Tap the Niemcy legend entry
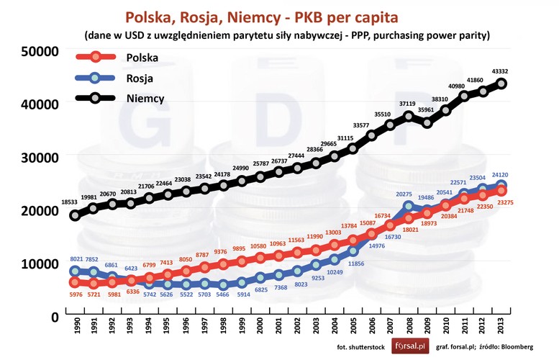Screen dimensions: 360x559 pos(145,98)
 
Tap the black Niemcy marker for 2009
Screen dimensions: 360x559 pos(427,122)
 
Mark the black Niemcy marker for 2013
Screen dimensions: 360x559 pos(501,84)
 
